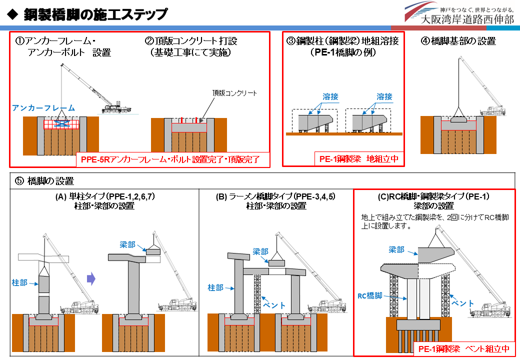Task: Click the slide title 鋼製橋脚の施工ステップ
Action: [95, 14]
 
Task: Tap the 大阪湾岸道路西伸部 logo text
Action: [467, 19]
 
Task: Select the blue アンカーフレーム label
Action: [43, 108]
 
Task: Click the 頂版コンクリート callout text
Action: [234, 93]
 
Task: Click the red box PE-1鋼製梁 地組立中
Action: [359, 159]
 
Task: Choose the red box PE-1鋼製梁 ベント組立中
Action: [464, 348]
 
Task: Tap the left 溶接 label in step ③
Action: [330, 96]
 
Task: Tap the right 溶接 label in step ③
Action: [384, 96]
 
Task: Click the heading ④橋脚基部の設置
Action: [458, 41]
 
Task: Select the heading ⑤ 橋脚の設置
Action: [44, 181]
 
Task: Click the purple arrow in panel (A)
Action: [91, 279]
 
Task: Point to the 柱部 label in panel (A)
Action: [19, 283]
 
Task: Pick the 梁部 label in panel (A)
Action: [127, 244]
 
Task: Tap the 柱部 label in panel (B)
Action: [215, 287]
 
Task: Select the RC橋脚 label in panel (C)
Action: [370, 295]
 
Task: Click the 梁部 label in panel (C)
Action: [396, 249]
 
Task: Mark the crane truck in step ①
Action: [116, 108]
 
